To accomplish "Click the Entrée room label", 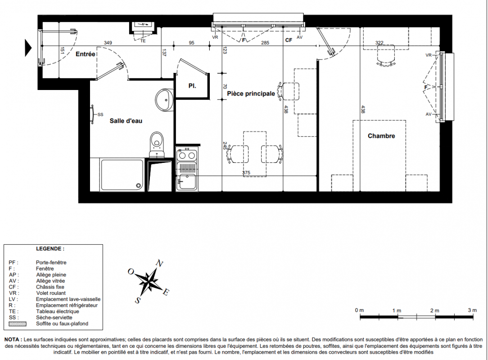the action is coord(85,54).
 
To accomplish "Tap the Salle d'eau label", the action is coord(126,121).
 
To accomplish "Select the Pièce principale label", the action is coord(251,94).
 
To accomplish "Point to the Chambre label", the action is coord(381,136).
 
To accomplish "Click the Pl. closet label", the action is coord(192,86).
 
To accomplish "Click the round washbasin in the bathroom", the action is coord(164,99).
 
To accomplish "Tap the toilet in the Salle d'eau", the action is coord(157,145).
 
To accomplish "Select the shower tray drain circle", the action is coord(139,186).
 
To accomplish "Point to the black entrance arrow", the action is coord(28,48).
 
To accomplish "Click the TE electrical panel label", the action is coord(143,41).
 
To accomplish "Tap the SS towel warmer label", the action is coord(100,114).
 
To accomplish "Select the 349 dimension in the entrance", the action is coord(108,43).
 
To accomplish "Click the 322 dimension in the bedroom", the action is coord(380,43).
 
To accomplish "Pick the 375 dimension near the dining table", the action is coord(246,173).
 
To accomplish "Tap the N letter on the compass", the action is coord(159,264).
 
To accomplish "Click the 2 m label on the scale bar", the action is coord(435,310).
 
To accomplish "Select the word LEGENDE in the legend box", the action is coord(50,249).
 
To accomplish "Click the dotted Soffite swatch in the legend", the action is coord(18,324).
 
